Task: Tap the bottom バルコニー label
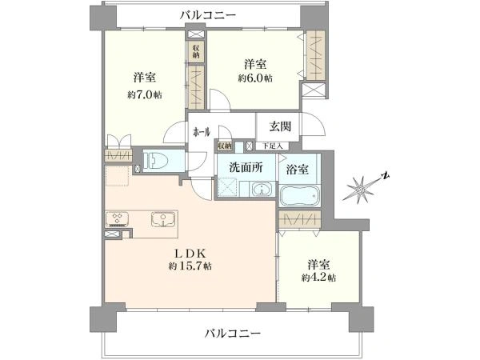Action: [x=232, y=332]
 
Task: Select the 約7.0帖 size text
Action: [x=143, y=93]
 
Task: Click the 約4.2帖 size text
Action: [x=318, y=278]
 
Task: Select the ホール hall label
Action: [x=201, y=130]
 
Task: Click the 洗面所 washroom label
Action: [x=246, y=168]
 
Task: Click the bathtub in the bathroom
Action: [x=299, y=195]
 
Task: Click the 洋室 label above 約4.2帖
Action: [x=318, y=263]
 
